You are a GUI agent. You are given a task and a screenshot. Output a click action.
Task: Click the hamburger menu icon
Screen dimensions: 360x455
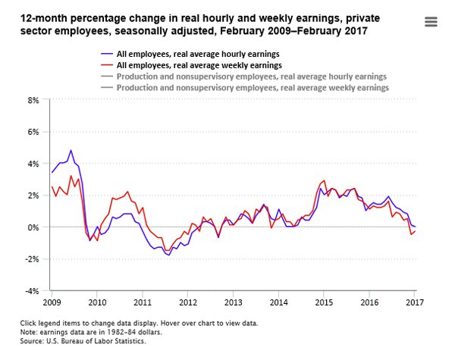431,22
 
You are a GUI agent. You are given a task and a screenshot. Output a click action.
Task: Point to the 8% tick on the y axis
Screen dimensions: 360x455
33,100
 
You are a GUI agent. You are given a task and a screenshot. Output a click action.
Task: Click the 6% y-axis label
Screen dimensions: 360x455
33,132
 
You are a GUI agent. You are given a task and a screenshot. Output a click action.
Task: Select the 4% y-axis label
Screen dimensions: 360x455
33,164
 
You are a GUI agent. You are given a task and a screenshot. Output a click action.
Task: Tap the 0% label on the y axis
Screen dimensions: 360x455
33,227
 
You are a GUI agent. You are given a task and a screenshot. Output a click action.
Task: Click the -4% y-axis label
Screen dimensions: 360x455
32,291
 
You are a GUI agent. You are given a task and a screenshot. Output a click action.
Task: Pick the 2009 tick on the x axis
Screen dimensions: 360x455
52,302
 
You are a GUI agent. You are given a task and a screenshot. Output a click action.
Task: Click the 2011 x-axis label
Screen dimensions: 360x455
142,302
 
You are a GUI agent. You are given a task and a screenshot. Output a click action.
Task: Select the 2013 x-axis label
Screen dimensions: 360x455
233,302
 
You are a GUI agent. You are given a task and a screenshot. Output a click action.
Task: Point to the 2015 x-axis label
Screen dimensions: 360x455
324,302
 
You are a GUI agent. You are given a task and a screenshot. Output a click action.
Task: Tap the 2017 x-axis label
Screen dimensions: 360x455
414,302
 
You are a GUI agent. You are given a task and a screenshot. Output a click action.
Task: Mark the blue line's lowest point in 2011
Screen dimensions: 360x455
168,255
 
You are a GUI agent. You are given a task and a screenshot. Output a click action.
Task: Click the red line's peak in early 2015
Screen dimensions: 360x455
325,180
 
